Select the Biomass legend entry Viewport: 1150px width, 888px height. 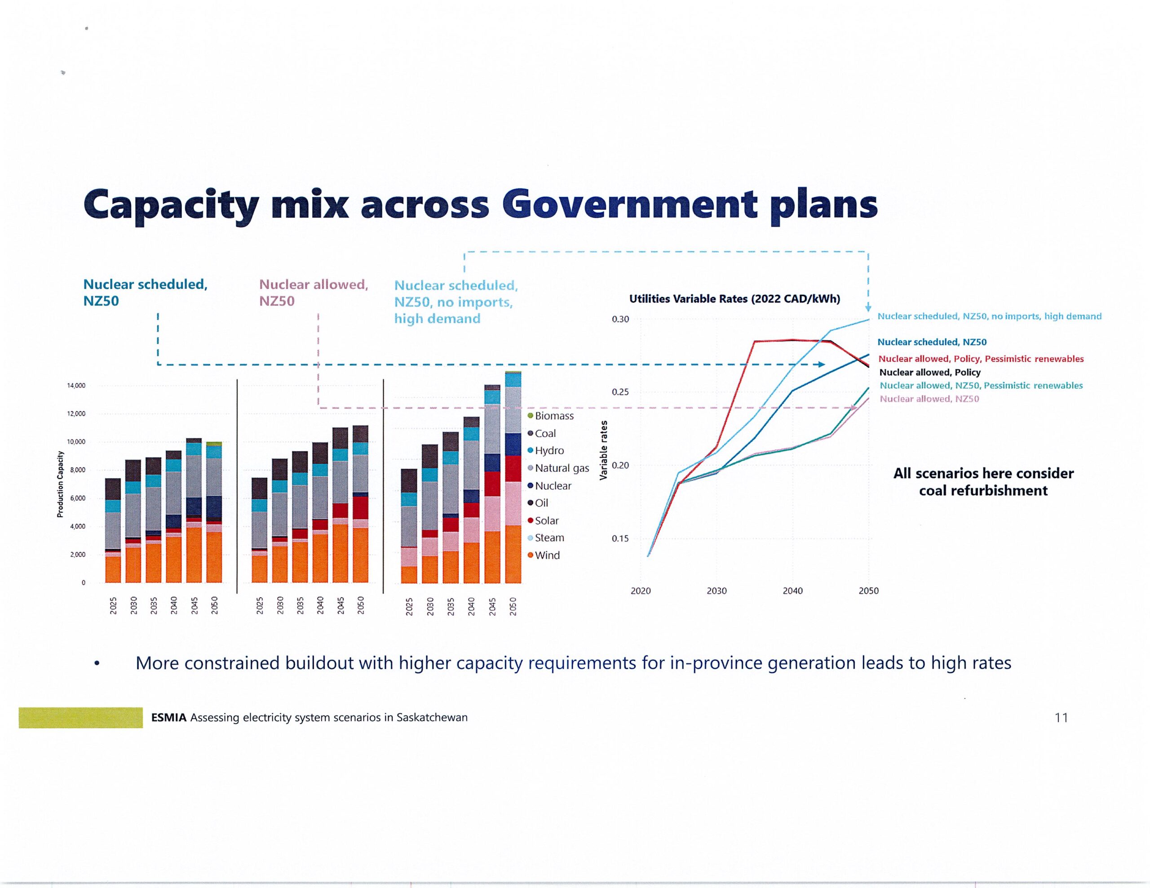(551, 416)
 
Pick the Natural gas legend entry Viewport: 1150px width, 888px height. (558, 468)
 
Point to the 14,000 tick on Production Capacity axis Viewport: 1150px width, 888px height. (76, 386)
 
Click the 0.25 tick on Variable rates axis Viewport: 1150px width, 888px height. (620, 392)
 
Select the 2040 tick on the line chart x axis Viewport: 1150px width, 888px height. (792, 591)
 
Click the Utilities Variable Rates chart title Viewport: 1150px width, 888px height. (734, 299)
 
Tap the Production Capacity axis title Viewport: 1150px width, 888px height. (60, 484)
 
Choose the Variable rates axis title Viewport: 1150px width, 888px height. (604, 450)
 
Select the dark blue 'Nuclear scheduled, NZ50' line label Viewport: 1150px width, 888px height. (932, 342)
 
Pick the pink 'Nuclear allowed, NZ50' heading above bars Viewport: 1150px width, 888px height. (313, 292)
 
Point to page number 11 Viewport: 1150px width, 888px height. (1061, 717)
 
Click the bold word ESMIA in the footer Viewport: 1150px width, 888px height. (168, 717)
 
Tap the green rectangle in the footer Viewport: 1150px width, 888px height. (80, 717)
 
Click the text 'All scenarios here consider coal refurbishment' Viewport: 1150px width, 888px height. (983, 481)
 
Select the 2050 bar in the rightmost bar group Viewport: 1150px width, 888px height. (513, 477)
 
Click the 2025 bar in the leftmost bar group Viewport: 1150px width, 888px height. (113, 530)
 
